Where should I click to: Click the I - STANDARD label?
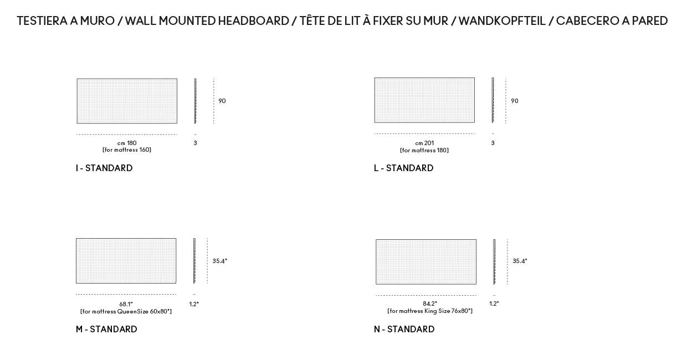coord(104,168)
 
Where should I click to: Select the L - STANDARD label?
coord(403,168)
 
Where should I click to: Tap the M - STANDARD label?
coord(106,329)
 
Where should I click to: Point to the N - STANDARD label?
coord(404,329)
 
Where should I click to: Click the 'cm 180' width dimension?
coord(127,143)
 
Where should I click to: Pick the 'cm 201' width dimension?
coord(424,143)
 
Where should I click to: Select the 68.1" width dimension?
coord(126,304)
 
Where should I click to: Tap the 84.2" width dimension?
coord(430,304)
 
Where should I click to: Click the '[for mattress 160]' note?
coord(127,150)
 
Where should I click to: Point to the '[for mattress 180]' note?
coord(424,150)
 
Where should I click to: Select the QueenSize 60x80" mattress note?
coord(126,312)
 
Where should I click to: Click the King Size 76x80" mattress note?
coord(430,311)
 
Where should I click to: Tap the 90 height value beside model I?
coord(222,101)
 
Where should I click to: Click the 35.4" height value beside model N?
coord(520,261)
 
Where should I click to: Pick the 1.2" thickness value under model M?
coord(194,304)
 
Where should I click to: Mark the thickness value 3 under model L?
coord(493,143)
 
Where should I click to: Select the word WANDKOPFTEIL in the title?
coord(502,21)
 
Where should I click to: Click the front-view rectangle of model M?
coord(126,261)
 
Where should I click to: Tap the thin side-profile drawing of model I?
coord(195,101)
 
